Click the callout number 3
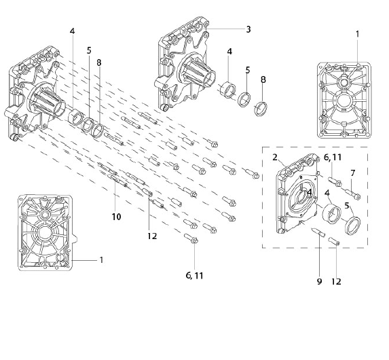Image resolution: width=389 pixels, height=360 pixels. click(x=248, y=29)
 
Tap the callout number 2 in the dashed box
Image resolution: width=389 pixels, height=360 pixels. click(x=275, y=157)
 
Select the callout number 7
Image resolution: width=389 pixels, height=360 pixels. click(x=353, y=173)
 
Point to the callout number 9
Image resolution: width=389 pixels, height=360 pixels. click(x=319, y=281)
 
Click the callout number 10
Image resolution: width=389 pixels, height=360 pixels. click(x=116, y=217)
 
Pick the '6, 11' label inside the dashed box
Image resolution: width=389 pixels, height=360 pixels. click(x=333, y=157)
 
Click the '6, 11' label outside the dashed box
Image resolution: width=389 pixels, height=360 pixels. click(x=194, y=275)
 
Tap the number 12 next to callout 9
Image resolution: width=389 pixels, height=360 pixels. click(x=336, y=281)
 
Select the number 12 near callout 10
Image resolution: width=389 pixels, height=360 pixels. click(x=152, y=236)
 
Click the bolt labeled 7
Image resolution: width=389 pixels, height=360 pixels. click(x=352, y=194)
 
